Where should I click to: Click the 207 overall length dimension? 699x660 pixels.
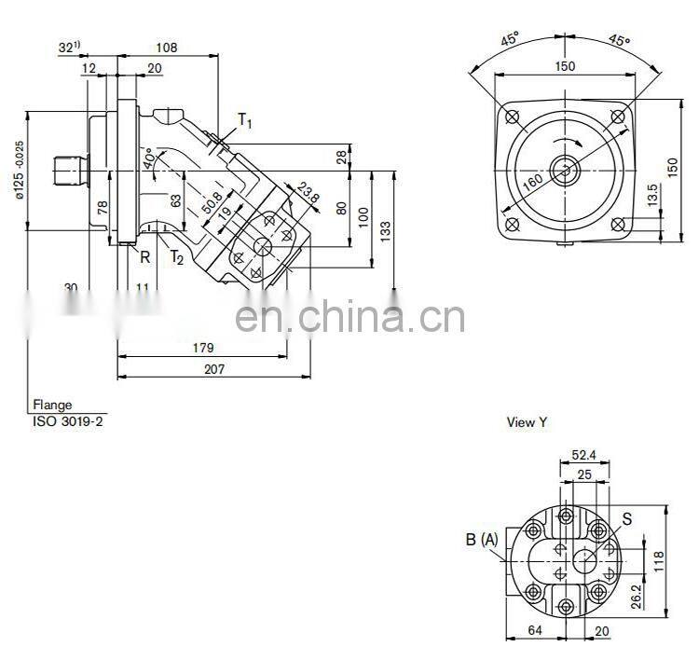pos(215,369)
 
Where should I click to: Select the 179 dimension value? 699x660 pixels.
pos(203,348)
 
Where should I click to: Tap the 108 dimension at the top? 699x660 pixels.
pos(166,47)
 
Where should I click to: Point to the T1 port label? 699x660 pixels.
pos(244,119)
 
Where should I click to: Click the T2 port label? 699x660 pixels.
pos(176,258)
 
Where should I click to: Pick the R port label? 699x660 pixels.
pos(145,256)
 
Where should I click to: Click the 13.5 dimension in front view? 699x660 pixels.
pos(652,194)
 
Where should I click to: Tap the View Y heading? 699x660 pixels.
pos(527,422)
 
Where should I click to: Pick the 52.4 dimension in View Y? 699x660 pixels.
pos(583,456)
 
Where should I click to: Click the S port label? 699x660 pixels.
pos(626,519)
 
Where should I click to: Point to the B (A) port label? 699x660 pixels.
pos(482,539)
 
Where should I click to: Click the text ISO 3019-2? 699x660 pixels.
pos(69,420)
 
